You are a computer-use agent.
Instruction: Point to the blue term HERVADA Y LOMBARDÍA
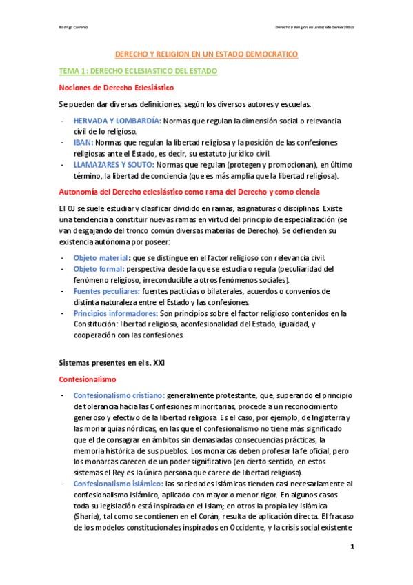tap(117, 120)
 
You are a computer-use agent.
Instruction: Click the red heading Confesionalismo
tap(88, 379)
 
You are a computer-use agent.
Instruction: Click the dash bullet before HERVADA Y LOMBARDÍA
tap(63, 120)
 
